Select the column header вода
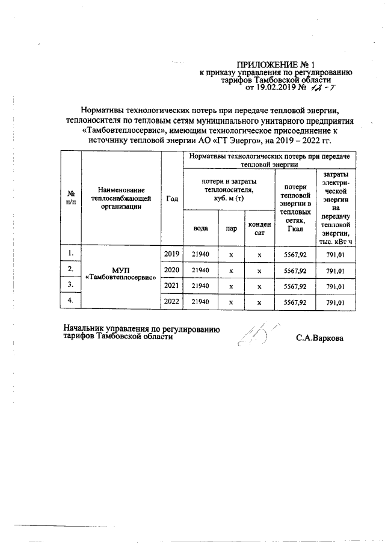coord(200,228)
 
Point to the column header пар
coord(230,228)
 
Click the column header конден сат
coord(259,228)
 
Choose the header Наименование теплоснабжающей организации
coord(120,197)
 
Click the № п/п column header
coord(71,198)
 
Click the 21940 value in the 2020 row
coord(200,270)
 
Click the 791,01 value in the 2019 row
coord(335,254)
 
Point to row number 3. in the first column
coord(71,285)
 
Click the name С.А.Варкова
coord(319,338)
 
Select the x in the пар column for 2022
coord(230,301)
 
